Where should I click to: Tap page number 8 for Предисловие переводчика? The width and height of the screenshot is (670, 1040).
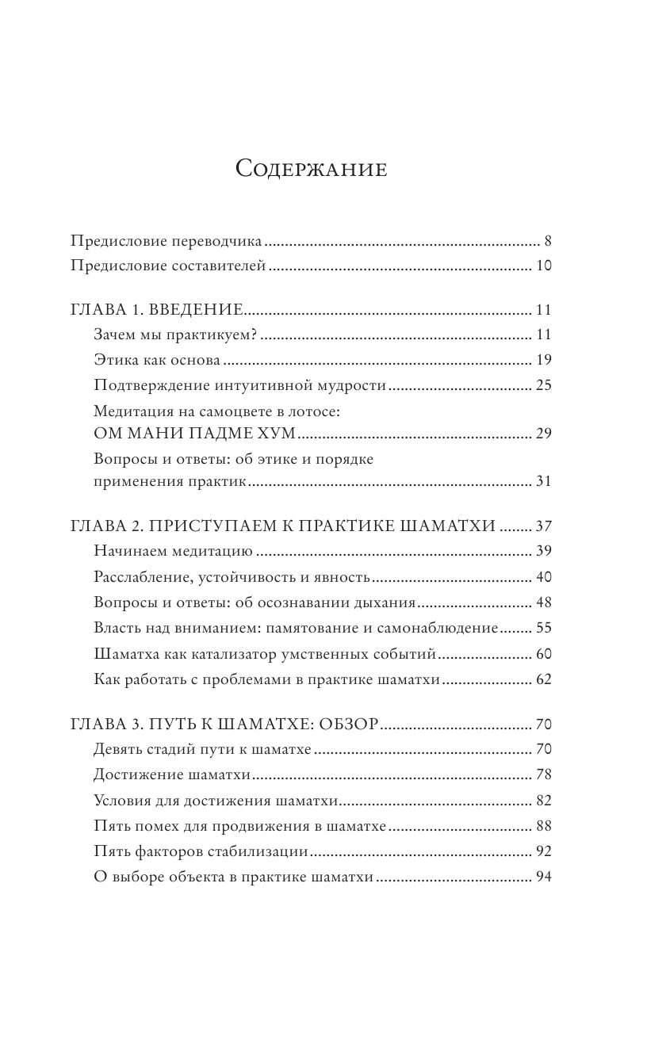click(x=547, y=241)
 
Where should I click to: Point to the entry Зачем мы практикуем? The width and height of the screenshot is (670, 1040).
click(x=176, y=335)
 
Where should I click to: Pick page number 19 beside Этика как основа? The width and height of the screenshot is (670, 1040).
click(x=543, y=360)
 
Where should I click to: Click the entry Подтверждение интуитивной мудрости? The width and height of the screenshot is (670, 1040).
click(x=239, y=385)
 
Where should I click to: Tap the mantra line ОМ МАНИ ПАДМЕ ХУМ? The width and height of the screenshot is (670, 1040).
click(x=194, y=434)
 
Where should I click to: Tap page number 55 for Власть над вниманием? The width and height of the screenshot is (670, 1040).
click(x=543, y=628)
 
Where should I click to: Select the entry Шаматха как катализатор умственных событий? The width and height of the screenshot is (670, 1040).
click(x=266, y=654)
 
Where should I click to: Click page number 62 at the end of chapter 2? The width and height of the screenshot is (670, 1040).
click(x=543, y=679)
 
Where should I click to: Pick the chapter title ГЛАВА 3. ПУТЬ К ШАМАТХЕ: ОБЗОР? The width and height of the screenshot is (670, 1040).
click(x=224, y=724)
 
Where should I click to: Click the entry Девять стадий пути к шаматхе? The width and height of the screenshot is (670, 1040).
click(x=206, y=749)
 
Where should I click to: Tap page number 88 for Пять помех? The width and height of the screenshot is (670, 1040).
click(x=543, y=826)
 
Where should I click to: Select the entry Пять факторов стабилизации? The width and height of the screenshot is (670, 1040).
click(x=201, y=851)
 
